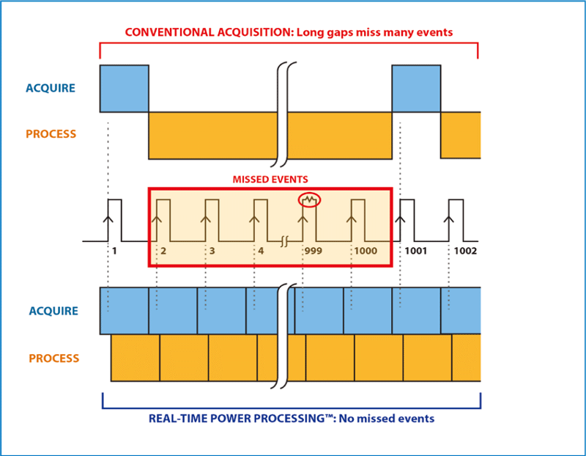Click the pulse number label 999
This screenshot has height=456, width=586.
[x=314, y=251]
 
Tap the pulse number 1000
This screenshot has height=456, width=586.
[x=365, y=251]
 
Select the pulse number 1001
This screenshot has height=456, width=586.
[x=416, y=251]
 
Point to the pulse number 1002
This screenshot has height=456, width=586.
[x=464, y=251]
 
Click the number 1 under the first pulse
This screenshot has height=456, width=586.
[x=115, y=251]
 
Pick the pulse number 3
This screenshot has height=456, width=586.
[x=212, y=251]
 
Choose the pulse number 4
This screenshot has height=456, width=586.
[x=260, y=251]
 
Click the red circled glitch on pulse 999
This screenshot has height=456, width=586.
[x=310, y=199]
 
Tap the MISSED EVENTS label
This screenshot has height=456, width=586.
[x=271, y=179]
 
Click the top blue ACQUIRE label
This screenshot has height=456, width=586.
[x=51, y=88]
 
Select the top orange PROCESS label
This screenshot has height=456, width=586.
[x=51, y=134]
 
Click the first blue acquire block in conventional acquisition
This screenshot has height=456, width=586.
[x=124, y=89]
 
